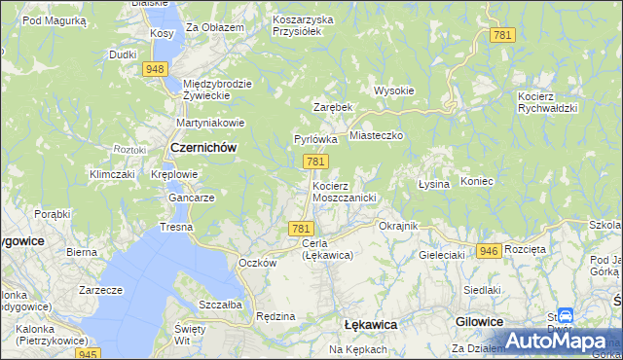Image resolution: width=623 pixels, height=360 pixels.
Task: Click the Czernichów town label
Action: coord(204,147)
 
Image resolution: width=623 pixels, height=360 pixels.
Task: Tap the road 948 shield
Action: coord(154,69)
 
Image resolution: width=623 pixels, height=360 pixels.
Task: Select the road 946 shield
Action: coord(490,251)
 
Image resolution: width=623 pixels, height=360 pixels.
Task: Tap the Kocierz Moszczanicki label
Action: coord(344,191)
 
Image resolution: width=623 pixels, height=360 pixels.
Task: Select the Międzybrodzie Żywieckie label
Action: coord(217,90)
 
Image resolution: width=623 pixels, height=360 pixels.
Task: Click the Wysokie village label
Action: coord(394,90)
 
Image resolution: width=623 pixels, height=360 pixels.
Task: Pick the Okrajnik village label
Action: coord(397,226)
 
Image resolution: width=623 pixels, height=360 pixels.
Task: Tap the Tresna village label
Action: coord(176,227)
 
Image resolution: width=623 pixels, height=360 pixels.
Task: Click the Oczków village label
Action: coord(258,263)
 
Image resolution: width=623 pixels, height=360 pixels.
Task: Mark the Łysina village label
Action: coord(433,184)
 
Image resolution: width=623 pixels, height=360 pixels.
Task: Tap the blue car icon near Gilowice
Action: coord(567,317)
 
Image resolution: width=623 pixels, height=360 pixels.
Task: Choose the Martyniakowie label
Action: coord(209,124)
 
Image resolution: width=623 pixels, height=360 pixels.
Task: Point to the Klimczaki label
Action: coord(111,174)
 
